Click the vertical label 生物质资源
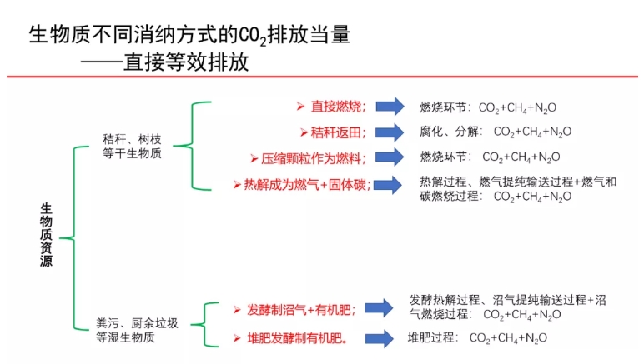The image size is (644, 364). [x=47, y=237]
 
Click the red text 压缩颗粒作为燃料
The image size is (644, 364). [x=314, y=157]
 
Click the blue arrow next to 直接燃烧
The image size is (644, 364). [x=388, y=107]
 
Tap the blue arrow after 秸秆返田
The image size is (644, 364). [x=388, y=132]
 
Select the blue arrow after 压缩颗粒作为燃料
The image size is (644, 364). [x=388, y=157]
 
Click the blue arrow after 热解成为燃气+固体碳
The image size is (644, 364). [x=388, y=185]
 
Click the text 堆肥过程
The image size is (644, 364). [x=432, y=337]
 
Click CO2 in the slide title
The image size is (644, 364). [x=254, y=36]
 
